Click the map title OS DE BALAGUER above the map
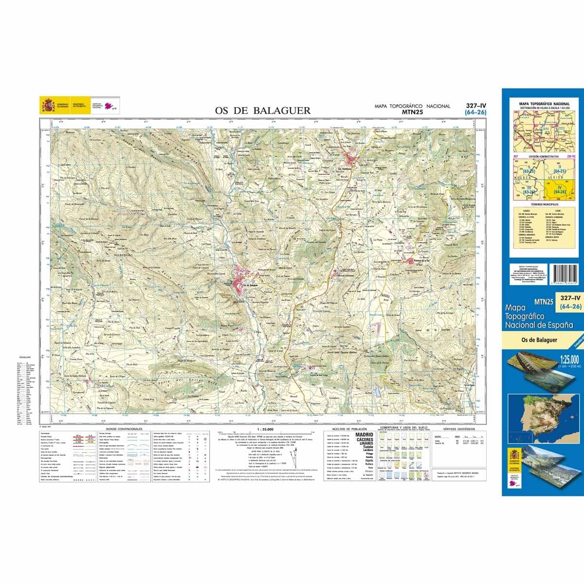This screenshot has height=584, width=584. (x=263, y=110)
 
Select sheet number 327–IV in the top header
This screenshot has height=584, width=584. (x=475, y=106)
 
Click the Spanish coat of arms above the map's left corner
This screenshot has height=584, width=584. (x=48, y=106)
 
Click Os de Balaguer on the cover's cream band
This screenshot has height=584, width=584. (x=538, y=340)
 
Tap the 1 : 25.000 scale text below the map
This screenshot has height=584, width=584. (x=265, y=429)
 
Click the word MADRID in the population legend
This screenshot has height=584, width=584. (x=365, y=435)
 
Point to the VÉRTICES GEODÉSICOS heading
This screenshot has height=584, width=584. (x=459, y=429)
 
